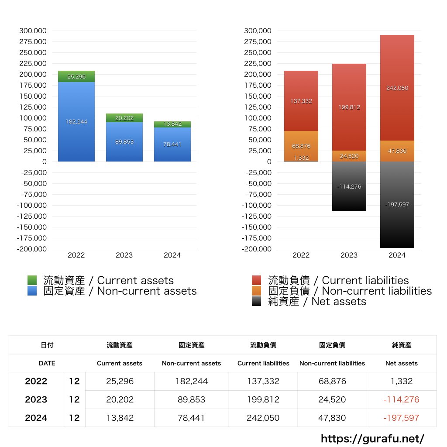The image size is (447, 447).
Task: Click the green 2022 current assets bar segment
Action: [76, 76]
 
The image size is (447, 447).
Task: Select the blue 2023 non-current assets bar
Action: [124, 142]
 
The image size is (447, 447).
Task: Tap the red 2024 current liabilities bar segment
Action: [397, 88]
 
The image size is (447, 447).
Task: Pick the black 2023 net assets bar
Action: [349, 187]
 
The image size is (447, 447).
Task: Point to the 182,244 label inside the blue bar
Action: [76, 122]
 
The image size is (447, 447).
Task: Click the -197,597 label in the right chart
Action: [397, 204]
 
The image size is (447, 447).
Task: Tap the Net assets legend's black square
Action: [257, 301]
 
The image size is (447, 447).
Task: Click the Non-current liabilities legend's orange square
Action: [257, 291]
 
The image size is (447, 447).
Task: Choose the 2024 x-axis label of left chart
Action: [172, 255]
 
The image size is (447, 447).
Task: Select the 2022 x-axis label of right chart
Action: [301, 255]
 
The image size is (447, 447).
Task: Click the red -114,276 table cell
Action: [402, 399]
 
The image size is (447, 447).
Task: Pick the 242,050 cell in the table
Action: [263, 418]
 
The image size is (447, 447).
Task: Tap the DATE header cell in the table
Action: [47, 363]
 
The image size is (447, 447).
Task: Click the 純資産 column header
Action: [402, 345]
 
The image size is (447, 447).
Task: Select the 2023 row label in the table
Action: [36, 399]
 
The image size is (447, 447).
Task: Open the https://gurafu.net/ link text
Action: [372, 438]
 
